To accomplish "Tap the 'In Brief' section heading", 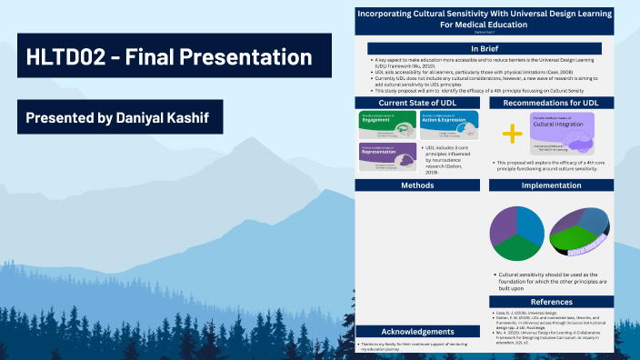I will [485, 48].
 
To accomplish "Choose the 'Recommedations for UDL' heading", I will [552, 103].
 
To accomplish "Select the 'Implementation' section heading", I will [552, 185].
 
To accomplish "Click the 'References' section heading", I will [552, 301].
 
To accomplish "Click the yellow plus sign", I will [513, 134].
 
